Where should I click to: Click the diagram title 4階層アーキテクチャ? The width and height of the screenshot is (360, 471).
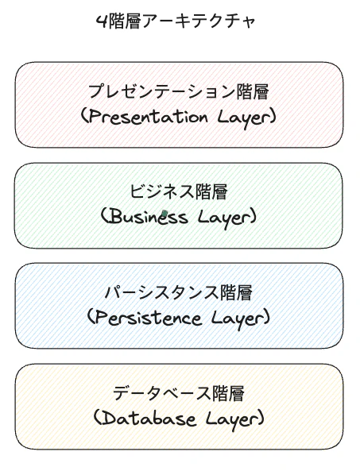click(x=176, y=21)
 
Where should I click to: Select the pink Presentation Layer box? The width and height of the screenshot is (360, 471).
click(x=179, y=105)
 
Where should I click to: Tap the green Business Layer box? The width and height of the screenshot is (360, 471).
click(x=179, y=206)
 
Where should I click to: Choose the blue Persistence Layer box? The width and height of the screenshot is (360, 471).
click(x=179, y=306)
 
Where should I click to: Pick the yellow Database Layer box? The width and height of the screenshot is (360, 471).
click(x=179, y=407)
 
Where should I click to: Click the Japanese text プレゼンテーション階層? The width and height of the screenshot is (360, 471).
click(x=179, y=91)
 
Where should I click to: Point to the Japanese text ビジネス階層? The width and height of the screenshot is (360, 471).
click(x=179, y=192)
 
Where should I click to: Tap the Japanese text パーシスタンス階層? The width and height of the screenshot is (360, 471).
click(x=179, y=293)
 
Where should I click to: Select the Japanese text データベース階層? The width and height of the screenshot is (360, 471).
click(x=179, y=393)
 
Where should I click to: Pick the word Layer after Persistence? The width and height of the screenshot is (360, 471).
click(x=237, y=319)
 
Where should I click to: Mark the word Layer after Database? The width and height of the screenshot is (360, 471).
click(x=230, y=419)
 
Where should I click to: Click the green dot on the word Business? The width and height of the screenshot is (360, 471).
click(x=165, y=214)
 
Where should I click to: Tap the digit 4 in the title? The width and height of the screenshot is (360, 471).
click(x=102, y=22)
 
